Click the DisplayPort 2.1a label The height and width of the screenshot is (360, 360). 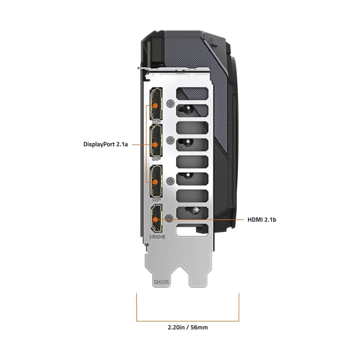106,144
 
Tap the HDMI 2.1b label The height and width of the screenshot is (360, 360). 262,220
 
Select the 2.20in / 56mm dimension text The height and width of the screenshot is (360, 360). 188,327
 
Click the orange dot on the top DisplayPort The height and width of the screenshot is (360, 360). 155,106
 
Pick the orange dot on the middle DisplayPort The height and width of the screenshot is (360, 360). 155,145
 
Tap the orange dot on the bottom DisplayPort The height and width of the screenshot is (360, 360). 155,182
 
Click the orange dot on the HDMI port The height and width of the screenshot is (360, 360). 155,220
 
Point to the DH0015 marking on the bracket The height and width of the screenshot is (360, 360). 162,282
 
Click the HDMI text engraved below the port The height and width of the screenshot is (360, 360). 157,237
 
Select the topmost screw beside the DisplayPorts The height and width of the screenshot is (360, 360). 171,104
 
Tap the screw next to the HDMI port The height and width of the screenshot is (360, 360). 169,218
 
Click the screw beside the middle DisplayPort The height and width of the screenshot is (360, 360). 170,140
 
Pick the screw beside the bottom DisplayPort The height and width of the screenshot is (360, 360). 170,181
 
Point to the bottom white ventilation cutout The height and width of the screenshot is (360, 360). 192,230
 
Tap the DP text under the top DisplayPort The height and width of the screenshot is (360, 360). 156,122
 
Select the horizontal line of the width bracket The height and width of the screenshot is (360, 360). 188,321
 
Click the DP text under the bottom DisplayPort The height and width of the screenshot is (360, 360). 156,200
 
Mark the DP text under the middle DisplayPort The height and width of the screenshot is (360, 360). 156,159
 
